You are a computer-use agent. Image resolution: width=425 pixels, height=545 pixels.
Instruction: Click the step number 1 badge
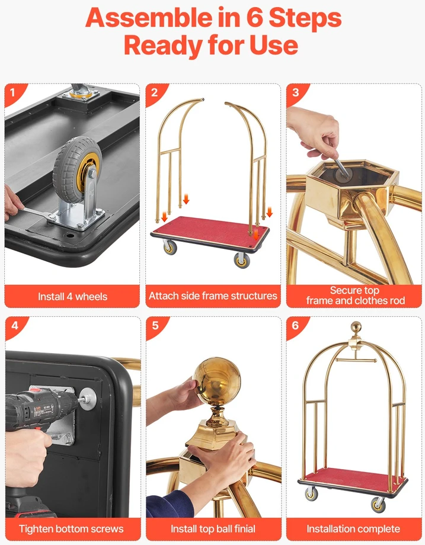(13, 92)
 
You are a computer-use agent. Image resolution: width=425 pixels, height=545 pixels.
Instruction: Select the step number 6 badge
(295, 325)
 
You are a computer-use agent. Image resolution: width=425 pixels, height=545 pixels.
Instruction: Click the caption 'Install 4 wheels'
(72, 296)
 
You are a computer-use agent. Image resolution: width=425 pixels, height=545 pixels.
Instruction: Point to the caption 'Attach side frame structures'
(213, 296)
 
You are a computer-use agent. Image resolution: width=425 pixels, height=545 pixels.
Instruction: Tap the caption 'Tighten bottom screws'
(71, 528)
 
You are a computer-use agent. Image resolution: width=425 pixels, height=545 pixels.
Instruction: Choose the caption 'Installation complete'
(353, 528)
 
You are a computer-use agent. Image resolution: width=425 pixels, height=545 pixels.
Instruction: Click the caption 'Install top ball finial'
(213, 528)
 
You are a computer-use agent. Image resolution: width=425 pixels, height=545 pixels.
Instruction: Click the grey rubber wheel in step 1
(77, 164)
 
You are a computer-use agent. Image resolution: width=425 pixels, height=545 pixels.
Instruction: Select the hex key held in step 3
(343, 167)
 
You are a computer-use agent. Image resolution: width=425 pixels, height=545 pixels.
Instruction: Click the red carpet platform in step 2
(210, 230)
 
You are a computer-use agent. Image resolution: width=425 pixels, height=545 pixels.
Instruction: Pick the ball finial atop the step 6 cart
(356, 327)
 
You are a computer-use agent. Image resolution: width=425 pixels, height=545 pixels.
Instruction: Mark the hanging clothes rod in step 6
(356, 360)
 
